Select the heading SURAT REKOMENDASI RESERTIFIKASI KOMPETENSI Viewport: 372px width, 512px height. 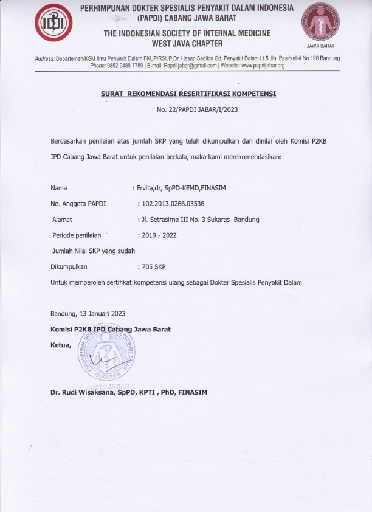coord(188,94)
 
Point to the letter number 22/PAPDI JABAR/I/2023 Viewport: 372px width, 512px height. coord(187,110)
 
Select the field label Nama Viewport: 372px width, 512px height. coord(59,188)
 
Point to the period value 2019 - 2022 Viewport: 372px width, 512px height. coord(159,235)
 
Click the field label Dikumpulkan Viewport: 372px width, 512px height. coord(69,267)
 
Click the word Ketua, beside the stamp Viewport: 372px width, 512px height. coord(61,345)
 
